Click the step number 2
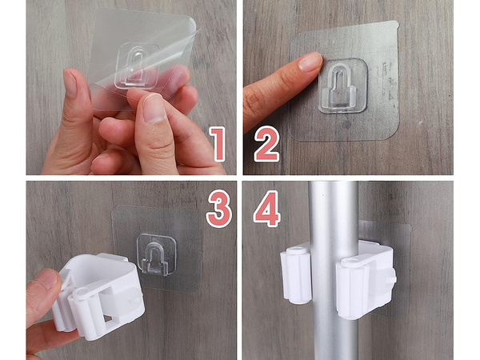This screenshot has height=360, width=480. pyautogui.click(x=266, y=145)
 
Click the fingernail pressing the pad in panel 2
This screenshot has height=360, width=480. pyautogui.click(x=310, y=62)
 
